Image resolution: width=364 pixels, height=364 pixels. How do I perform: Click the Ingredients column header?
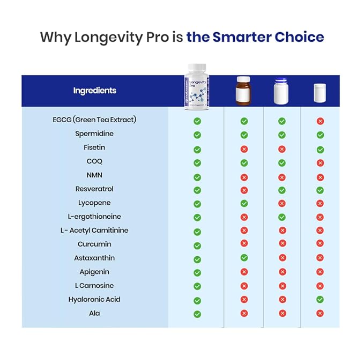[x=94, y=91]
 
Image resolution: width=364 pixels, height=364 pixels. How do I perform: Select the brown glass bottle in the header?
[x=243, y=91]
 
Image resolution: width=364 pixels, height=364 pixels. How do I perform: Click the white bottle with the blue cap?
[x=281, y=91]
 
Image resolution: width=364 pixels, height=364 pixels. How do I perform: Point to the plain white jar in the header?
[x=320, y=92]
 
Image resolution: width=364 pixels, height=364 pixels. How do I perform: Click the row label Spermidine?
[x=94, y=133]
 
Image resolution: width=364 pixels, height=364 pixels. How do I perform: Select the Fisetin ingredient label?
[x=94, y=147]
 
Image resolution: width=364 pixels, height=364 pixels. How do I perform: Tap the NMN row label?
[x=94, y=175]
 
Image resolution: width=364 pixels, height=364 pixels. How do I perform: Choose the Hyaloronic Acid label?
[x=94, y=299]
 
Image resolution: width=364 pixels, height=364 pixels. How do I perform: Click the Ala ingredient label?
[x=94, y=313]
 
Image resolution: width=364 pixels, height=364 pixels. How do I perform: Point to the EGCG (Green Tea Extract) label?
[x=94, y=120]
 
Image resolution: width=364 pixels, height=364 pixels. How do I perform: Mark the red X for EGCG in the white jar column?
[x=320, y=121]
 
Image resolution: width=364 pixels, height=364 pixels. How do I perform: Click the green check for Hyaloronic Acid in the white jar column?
[x=320, y=299]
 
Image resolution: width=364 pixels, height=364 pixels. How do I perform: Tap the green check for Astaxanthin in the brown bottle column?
[x=244, y=258]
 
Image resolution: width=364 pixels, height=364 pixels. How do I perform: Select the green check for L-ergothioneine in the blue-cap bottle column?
[x=282, y=217]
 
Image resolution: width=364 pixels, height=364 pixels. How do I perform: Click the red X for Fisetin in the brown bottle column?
[x=244, y=149]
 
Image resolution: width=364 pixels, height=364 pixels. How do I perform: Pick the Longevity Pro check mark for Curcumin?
[x=197, y=245]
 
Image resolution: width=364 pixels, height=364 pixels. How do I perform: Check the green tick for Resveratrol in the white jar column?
[x=320, y=190]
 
